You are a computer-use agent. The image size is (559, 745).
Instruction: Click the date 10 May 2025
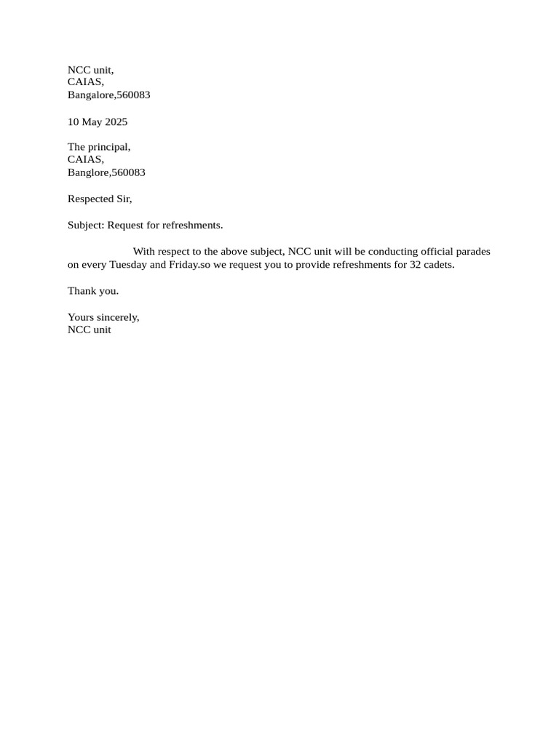coord(98,121)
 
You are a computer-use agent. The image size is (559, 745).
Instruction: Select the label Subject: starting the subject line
coord(86,226)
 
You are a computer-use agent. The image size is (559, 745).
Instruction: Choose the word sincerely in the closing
coord(119,317)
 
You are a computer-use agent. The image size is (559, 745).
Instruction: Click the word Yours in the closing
coord(81,317)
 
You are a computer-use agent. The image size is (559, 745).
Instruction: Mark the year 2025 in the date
coord(116,121)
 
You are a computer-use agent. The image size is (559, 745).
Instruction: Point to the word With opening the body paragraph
coord(144,252)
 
